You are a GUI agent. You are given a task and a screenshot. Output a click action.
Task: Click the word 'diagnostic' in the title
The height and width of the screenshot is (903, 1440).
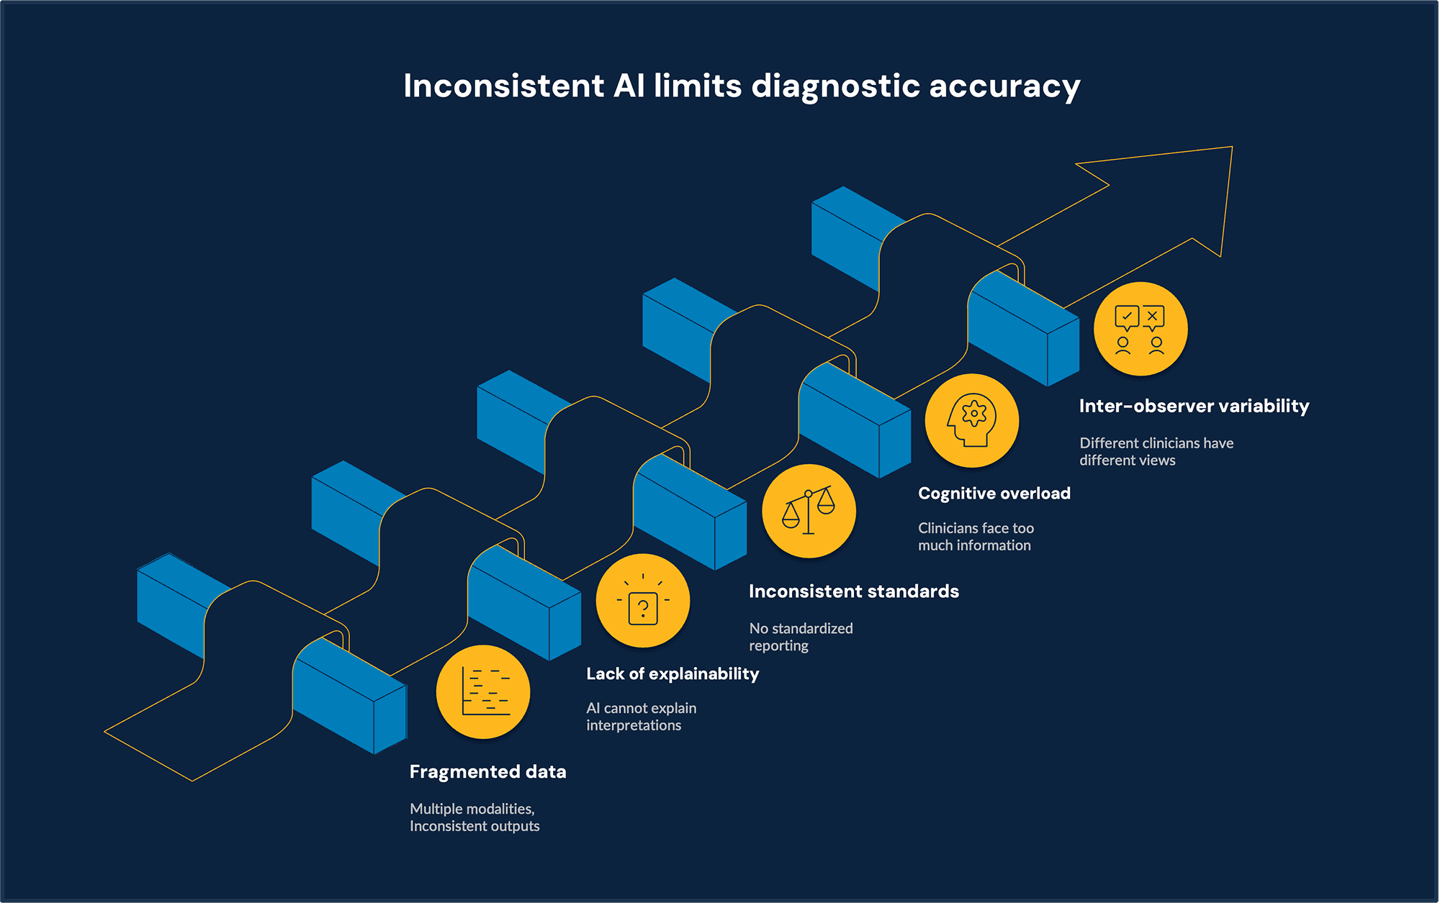835,86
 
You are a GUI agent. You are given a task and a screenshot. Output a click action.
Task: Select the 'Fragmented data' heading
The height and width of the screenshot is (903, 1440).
487,772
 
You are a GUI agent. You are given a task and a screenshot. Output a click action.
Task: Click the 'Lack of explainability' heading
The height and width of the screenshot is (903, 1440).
672,674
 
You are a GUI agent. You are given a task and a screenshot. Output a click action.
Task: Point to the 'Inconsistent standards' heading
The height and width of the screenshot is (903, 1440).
853,591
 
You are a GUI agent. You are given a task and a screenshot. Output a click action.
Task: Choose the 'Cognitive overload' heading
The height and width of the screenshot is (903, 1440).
994,494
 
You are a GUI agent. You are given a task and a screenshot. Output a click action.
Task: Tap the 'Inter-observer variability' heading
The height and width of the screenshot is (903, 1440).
1194,407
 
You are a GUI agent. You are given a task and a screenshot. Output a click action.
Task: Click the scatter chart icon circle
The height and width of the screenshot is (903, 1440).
483,692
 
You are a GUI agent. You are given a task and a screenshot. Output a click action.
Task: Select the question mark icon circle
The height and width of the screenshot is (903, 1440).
643,601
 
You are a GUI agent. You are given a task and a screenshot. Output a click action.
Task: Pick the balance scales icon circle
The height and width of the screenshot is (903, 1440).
809,511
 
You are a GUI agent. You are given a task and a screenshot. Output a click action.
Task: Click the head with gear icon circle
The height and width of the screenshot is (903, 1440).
972,420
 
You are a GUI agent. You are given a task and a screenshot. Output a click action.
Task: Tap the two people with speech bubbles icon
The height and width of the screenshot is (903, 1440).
1140,330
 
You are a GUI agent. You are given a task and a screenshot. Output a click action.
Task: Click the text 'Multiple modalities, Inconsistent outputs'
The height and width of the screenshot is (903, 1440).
474,817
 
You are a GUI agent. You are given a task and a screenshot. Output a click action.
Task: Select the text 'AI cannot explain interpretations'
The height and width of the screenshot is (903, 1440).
641,717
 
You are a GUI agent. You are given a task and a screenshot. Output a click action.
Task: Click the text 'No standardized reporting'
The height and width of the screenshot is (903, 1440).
801,637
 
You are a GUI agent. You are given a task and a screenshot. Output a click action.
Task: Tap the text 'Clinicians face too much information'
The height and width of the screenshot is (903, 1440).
976,537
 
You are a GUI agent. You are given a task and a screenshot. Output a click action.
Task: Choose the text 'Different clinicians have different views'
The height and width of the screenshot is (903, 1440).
1156,452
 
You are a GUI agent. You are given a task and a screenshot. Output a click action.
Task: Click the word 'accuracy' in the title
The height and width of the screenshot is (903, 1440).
1004,86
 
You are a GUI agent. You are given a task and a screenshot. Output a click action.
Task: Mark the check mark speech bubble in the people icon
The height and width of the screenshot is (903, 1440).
1127,317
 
